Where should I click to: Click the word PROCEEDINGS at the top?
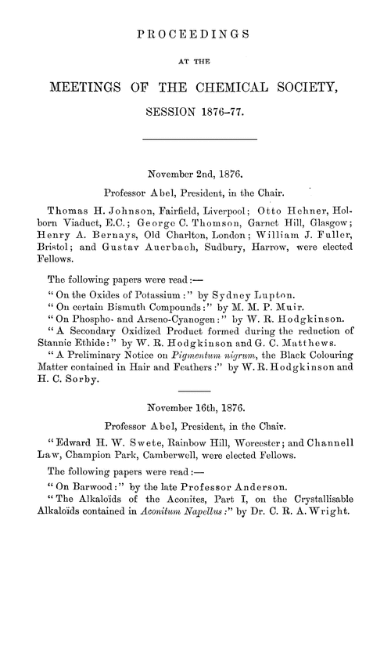[195, 34]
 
